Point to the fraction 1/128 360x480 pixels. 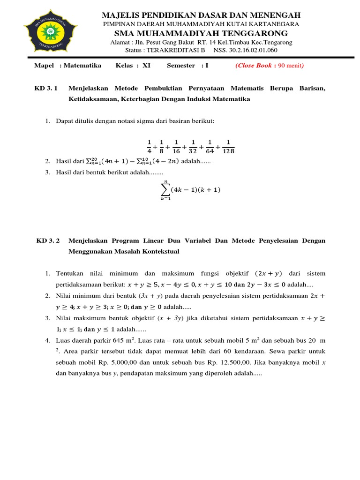(x=228, y=147)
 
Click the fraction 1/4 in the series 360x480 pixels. (x=149, y=147)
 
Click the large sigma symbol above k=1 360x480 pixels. (x=165, y=190)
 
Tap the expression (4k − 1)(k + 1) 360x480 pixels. (x=195, y=190)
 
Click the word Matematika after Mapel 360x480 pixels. (x=82, y=66)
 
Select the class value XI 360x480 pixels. (x=146, y=66)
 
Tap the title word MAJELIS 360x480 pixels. (x=121, y=15)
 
